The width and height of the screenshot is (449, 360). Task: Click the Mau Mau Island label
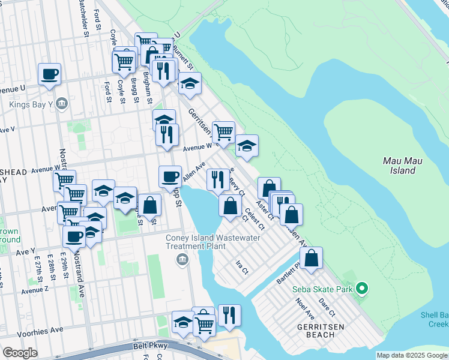399,166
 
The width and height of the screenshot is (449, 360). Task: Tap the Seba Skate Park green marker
361,289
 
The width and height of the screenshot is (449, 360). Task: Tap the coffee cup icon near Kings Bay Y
49,75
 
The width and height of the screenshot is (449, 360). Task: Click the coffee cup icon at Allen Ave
170,176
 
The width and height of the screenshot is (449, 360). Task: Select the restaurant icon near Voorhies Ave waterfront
229,315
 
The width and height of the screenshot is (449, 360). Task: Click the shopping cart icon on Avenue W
223,132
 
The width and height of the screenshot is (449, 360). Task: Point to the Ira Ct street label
242,267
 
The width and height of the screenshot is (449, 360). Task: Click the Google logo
20,353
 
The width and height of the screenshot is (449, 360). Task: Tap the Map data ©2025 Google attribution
412,355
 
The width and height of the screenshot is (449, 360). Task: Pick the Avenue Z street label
34,290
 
